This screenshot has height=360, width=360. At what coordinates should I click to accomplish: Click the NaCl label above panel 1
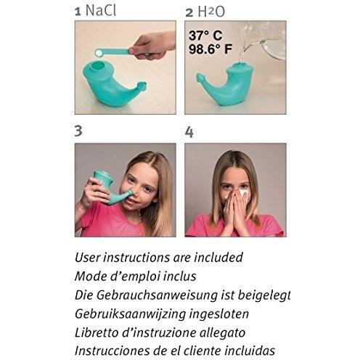[x=101, y=10]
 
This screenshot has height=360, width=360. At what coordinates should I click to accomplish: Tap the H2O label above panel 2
[x=211, y=12]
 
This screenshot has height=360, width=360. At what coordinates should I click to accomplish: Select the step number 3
[x=78, y=131]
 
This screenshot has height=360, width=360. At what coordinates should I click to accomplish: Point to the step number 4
[x=189, y=132]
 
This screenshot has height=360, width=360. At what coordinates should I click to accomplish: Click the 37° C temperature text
[x=205, y=36]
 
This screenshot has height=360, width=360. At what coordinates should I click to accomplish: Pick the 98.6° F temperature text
[x=210, y=49]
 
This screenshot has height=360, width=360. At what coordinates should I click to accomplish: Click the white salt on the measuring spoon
[x=99, y=52]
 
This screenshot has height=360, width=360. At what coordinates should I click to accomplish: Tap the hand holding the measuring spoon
[x=152, y=46]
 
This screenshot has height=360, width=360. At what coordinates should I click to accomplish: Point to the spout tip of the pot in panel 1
[x=142, y=85]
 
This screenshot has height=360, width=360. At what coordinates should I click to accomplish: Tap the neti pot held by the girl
[x=109, y=187]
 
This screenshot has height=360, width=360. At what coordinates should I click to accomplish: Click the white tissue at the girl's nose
[x=243, y=194]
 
